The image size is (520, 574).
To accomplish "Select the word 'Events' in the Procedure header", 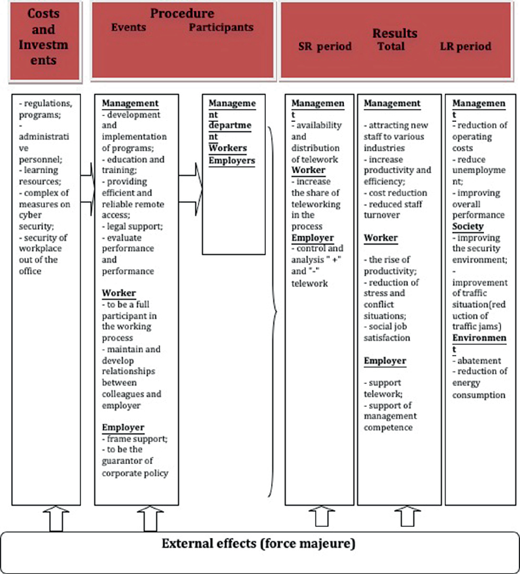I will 128,28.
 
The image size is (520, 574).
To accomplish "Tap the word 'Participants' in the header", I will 221,28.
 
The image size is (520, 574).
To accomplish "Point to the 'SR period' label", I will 324,46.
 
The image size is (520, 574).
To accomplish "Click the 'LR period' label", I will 465,46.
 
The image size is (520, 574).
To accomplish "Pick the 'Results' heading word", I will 394,33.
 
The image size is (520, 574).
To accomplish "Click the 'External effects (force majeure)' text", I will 258,543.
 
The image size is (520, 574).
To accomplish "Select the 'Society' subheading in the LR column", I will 468,226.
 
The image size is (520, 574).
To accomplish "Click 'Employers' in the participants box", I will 231,160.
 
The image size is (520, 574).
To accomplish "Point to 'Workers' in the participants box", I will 228,148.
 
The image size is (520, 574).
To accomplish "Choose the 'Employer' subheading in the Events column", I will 123,427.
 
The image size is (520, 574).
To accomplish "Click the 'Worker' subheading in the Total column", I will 380,238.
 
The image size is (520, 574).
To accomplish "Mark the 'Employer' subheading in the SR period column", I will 312,238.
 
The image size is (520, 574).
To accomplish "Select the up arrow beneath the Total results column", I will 408,517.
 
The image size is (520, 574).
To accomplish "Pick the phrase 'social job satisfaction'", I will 386,332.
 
